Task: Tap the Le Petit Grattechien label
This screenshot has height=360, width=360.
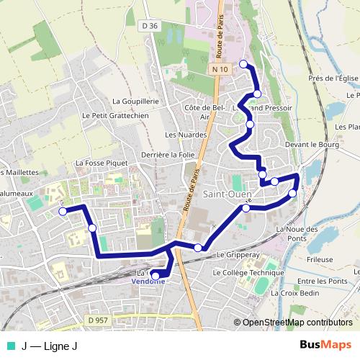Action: [x=115, y=115]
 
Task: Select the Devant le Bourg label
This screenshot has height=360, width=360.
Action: [x=311, y=144]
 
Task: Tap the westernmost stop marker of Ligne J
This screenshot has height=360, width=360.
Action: [x=63, y=211]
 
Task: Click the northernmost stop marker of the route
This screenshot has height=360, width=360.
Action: [x=243, y=64]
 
